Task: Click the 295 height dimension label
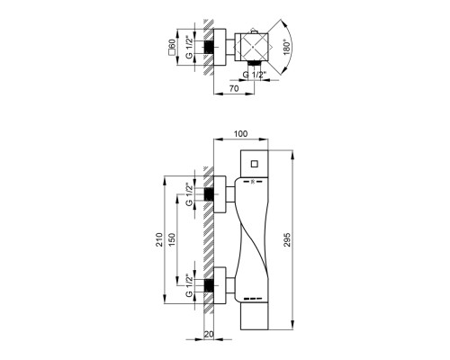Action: (x=287, y=239)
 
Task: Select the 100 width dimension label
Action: (x=240, y=134)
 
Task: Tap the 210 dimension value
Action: (x=159, y=239)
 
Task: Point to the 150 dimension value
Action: (x=172, y=239)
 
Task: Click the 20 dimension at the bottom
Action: (x=209, y=334)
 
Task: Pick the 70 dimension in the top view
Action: (x=234, y=88)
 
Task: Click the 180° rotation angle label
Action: (x=287, y=47)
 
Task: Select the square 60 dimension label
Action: (x=172, y=48)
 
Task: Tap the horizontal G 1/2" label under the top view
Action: (x=255, y=75)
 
